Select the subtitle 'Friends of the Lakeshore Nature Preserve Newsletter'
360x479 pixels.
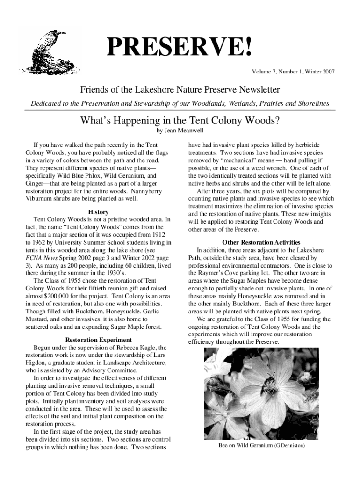[180, 89]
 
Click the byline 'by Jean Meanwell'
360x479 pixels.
[180, 131]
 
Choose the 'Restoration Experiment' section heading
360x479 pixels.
[98, 340]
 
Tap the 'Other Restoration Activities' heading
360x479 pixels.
[261, 242]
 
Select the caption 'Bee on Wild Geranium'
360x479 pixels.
[245, 446]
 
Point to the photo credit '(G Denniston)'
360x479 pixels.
[289, 446]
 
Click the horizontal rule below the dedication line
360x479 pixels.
[180, 110]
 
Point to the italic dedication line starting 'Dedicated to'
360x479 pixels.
[180, 103]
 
